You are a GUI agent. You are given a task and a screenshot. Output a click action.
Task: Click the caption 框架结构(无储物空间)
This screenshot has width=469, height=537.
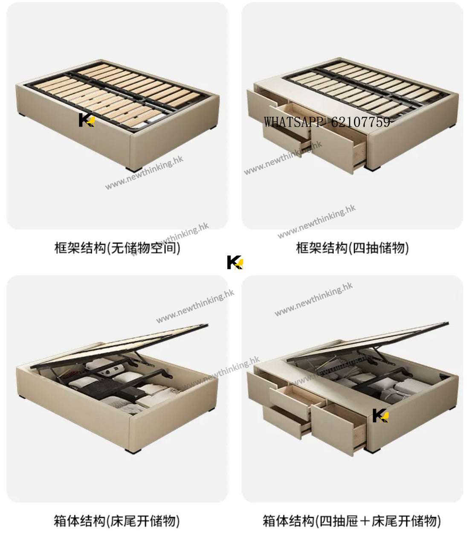coord(117,248)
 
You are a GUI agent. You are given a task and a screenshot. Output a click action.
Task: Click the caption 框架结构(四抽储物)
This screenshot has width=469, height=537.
coord(352,248)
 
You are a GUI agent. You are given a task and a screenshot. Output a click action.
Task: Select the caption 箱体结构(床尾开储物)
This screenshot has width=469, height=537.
coord(116,521)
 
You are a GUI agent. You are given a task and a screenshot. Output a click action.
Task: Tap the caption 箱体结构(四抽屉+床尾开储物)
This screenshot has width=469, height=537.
coord(352,521)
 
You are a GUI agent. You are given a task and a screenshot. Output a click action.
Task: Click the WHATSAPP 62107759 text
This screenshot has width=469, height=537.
coord(327,122)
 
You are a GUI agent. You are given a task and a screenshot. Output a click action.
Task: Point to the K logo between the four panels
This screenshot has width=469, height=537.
coord(235,262)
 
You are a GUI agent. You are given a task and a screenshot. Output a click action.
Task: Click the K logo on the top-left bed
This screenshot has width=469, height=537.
coord(87,120)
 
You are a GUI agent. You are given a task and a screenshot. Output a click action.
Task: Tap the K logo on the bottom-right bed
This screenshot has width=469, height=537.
coord(380,415)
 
